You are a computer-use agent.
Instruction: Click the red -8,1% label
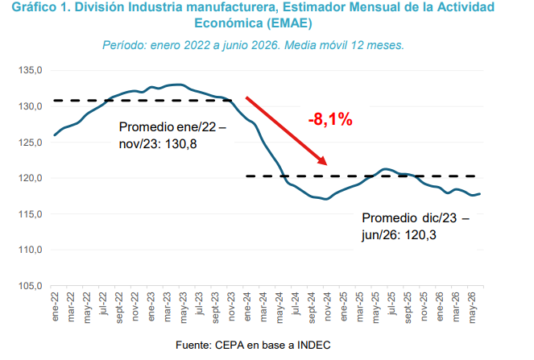click(330, 119)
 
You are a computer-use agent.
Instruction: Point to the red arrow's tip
click(327, 165)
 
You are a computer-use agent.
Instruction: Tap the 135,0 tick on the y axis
click(31, 70)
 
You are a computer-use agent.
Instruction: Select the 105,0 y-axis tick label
click(31, 286)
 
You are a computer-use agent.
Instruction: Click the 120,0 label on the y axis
click(31, 178)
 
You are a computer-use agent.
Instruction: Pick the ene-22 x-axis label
click(55, 307)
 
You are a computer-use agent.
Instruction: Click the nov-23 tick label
click(231, 307)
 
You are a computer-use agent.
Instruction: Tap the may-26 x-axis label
click(472, 308)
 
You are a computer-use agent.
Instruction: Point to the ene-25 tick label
click(344, 307)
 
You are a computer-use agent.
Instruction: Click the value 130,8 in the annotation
click(181, 144)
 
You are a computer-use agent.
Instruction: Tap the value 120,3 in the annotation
click(420, 235)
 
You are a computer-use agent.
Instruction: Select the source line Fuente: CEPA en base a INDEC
click(253, 345)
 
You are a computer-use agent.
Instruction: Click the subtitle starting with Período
click(254, 45)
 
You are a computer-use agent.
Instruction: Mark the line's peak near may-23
click(178, 84)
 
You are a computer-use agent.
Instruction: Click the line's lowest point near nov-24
click(326, 199)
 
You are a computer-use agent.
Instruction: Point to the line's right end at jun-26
click(480, 194)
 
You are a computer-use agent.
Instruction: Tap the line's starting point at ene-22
click(55, 135)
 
